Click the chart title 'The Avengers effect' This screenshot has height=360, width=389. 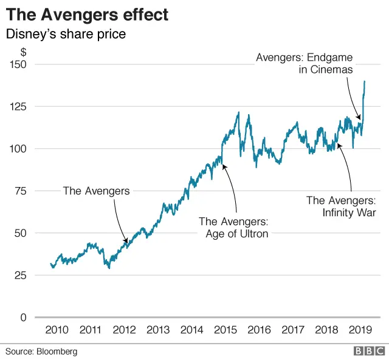click(87, 14)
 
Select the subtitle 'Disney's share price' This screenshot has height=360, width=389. click(66, 34)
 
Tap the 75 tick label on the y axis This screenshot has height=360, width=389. click(21, 191)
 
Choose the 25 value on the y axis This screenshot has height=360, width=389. click(21, 276)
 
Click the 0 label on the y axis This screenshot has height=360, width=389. click(24, 318)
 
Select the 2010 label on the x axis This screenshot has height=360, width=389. click(57, 330)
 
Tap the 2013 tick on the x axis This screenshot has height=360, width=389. click(158, 330)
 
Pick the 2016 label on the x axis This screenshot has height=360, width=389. click(260, 330)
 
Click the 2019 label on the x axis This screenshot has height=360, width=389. click(361, 330)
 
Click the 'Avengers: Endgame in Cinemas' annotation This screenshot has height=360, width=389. click(304, 64)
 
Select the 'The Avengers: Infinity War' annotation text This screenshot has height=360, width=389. click(341, 206)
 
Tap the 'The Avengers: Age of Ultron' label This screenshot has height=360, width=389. click(233, 228)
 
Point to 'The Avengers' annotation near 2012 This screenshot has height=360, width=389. click(97, 191)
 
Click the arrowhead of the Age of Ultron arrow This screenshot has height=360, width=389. click(224, 165)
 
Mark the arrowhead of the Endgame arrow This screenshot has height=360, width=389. click(359, 118)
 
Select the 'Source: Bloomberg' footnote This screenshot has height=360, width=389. click(42, 351)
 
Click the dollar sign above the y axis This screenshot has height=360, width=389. click(23, 53)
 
